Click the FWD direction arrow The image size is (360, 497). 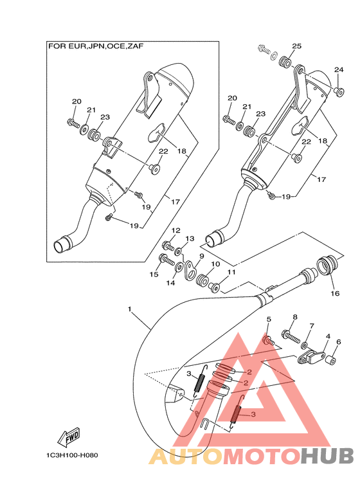coord(69,438)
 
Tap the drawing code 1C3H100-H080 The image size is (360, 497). coord(72,455)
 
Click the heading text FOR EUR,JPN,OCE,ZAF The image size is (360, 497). coord(96,46)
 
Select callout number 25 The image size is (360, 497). coord(296,46)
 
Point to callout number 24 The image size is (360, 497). coord(339,69)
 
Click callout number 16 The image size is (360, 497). coord(335,294)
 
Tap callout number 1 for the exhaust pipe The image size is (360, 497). coord(129,309)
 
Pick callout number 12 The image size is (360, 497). coord(176,230)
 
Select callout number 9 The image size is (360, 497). coord(202,256)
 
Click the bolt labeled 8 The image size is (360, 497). coord(291,336)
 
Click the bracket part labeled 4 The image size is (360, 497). coord(311,356)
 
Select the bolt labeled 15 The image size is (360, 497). coord(166,260)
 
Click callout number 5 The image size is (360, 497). coord(269,320)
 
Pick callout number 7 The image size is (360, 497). coord(312,326)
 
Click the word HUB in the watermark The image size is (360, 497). coord(327,456)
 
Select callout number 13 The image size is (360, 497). coord(190,239)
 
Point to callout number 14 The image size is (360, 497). coord(171,283)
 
